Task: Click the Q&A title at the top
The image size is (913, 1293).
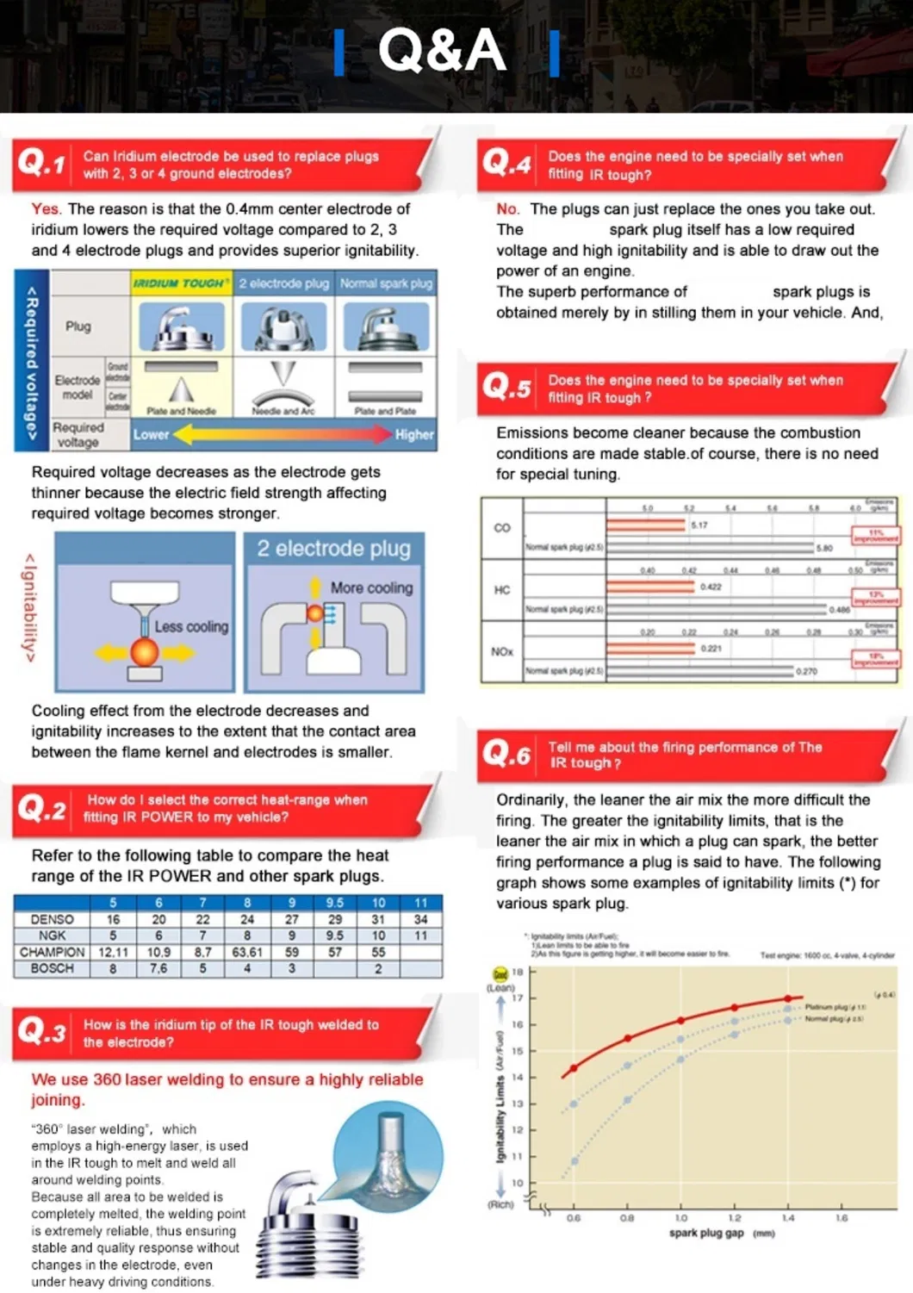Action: [x=442, y=50]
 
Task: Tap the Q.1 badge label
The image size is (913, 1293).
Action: [x=41, y=162]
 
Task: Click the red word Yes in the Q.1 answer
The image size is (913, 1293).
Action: [x=46, y=208]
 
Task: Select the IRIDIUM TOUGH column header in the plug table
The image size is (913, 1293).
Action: [x=181, y=283]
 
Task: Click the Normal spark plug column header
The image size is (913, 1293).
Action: [x=386, y=283]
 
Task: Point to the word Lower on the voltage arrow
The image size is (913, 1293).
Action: [x=151, y=435]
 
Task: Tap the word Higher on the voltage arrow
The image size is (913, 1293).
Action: [x=414, y=435]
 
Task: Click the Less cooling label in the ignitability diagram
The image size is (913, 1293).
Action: [x=191, y=627]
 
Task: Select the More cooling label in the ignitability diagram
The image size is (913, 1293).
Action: [x=371, y=587]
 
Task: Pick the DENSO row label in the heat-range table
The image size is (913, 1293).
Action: [x=52, y=919]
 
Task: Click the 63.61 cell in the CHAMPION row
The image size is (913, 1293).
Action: [x=247, y=952]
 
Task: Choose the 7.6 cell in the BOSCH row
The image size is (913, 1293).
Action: [x=158, y=968]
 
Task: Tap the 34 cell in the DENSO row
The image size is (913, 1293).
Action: [x=420, y=919]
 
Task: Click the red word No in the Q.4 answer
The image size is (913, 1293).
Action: [x=507, y=208]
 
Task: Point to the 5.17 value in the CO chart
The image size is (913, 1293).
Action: [x=699, y=525]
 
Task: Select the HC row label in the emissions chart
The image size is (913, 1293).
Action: [x=502, y=590]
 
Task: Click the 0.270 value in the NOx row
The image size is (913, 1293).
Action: [x=807, y=671]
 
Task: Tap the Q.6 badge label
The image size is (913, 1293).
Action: [x=506, y=755]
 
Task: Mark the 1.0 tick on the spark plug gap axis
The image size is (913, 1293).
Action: [x=680, y=1218]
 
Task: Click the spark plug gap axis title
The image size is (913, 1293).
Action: [x=706, y=1233]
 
